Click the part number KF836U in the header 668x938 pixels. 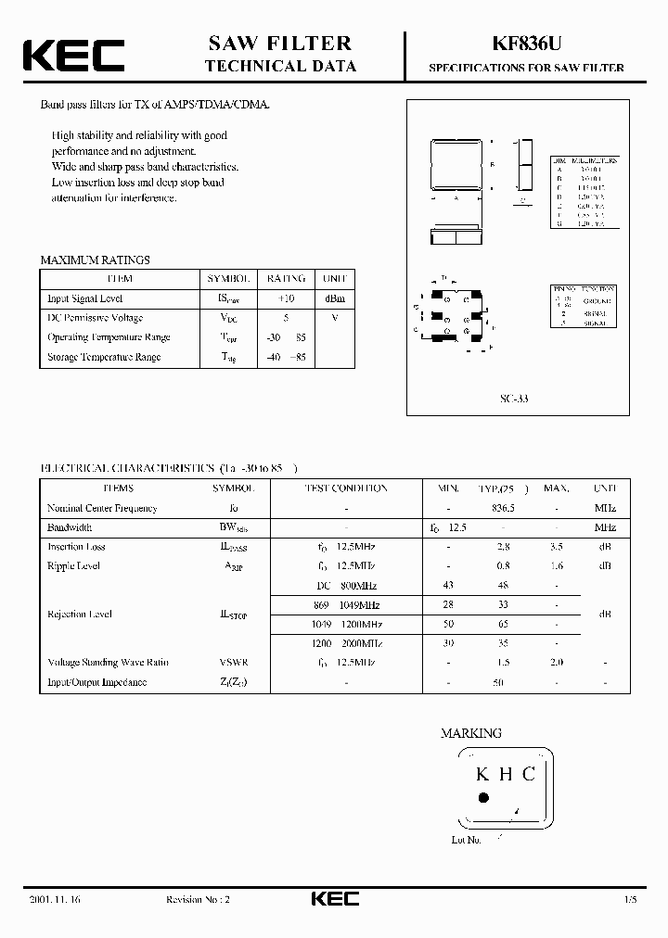click(x=525, y=44)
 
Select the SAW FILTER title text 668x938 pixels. click(x=279, y=43)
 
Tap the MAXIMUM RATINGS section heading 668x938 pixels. click(x=95, y=260)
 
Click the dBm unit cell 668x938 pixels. click(x=335, y=298)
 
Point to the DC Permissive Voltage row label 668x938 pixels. click(x=95, y=318)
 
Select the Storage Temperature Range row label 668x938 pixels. click(x=103, y=357)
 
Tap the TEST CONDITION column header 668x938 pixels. click(x=345, y=488)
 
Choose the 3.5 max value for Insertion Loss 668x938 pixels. click(x=556, y=547)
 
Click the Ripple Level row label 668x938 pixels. click(x=73, y=565)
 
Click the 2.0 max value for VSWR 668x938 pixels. click(x=556, y=663)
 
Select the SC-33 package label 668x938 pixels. click(x=514, y=398)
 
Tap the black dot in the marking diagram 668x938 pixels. click(x=482, y=797)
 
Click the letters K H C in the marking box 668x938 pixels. click(x=505, y=774)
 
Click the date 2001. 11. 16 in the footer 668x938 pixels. click(x=55, y=900)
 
